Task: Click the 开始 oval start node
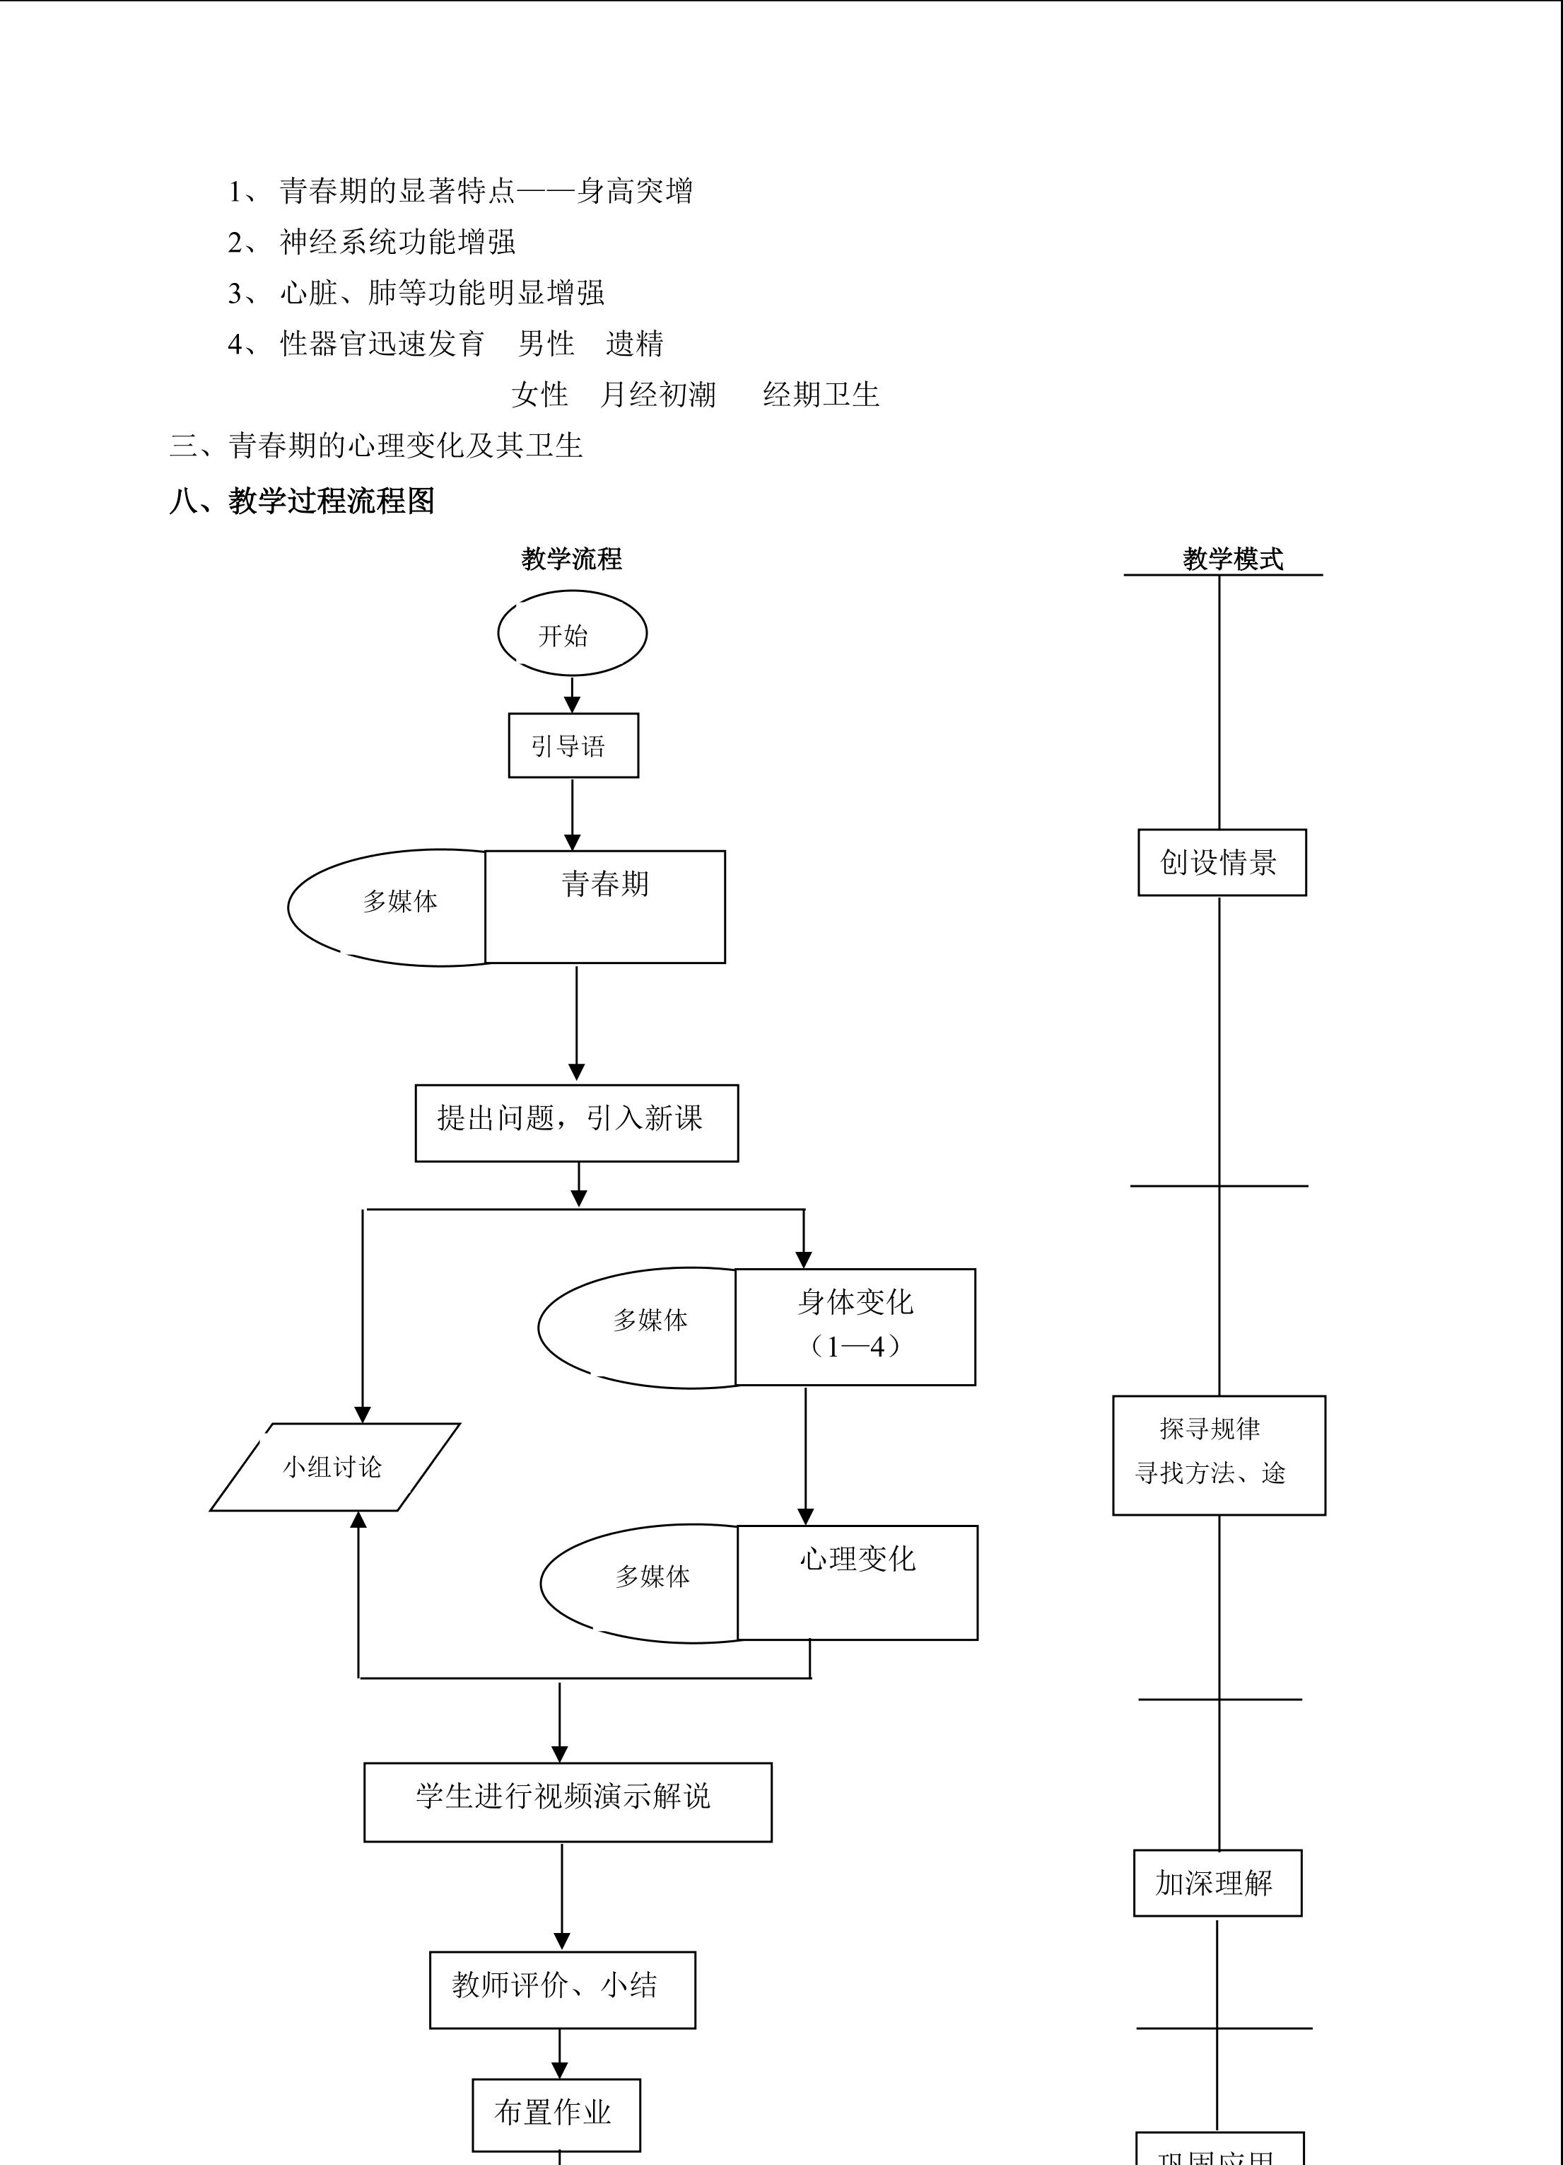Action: click(572, 634)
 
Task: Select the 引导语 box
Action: click(573, 745)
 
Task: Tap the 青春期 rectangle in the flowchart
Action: click(605, 907)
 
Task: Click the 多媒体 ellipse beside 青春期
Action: click(391, 907)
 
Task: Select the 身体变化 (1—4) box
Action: click(855, 1327)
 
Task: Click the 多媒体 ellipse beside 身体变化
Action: click(639, 1327)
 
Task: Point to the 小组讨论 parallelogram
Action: click(334, 1467)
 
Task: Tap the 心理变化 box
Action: click(857, 1583)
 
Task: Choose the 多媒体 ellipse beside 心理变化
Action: click(641, 1583)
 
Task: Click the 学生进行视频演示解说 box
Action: click(568, 1802)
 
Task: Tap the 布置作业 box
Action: click(556, 2114)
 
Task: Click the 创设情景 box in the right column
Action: click(1222, 863)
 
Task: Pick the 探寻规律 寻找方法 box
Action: click(1219, 1456)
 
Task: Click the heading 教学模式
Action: click(1233, 559)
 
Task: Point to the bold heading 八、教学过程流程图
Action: click(302, 501)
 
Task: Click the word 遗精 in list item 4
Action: click(635, 344)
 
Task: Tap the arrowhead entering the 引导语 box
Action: click(573, 704)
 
